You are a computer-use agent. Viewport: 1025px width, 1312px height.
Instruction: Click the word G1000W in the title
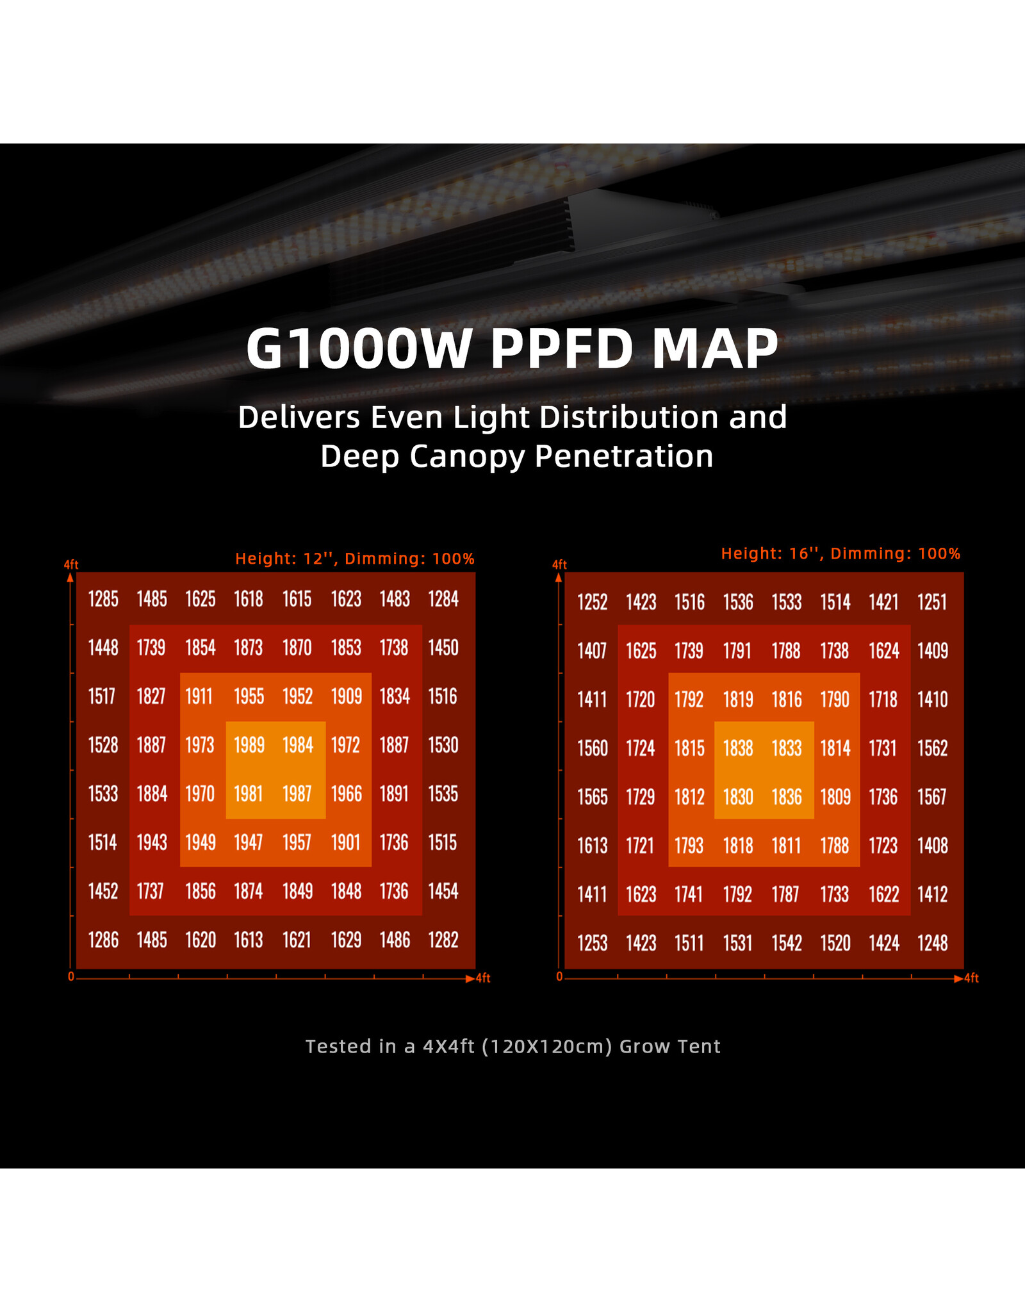[x=359, y=349]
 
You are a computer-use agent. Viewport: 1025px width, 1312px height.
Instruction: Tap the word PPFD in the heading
[x=562, y=349]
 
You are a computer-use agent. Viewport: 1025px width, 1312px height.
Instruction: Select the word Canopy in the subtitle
[x=467, y=457]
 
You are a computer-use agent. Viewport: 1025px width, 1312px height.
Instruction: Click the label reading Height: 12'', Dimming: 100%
[x=354, y=559]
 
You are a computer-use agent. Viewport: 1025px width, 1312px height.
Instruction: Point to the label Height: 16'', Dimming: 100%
[x=840, y=553]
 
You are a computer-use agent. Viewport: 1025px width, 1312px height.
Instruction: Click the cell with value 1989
[x=249, y=745]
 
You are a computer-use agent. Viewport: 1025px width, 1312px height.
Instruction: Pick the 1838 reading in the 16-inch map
[x=738, y=748]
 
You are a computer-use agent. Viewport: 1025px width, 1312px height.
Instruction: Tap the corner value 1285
[x=103, y=599]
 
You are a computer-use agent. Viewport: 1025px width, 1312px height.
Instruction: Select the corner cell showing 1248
[x=932, y=943]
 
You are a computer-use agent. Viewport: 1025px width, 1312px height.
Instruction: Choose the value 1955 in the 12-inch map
[x=249, y=696]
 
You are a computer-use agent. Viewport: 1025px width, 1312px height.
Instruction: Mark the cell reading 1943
[x=152, y=842]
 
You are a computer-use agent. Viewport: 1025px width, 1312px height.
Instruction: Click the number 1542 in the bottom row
[x=787, y=943]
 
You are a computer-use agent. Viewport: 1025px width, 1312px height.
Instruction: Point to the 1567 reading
[x=932, y=797]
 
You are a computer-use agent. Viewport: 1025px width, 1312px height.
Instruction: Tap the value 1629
[x=346, y=940]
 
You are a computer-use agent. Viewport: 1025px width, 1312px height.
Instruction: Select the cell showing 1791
[x=737, y=651]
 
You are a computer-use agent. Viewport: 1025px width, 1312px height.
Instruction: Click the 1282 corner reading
[x=443, y=940]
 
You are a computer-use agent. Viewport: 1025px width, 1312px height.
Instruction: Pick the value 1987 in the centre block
[x=297, y=794]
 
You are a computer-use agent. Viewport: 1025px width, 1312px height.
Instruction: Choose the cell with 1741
[x=689, y=894]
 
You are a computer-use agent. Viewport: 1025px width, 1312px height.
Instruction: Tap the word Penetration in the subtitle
[x=624, y=457]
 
